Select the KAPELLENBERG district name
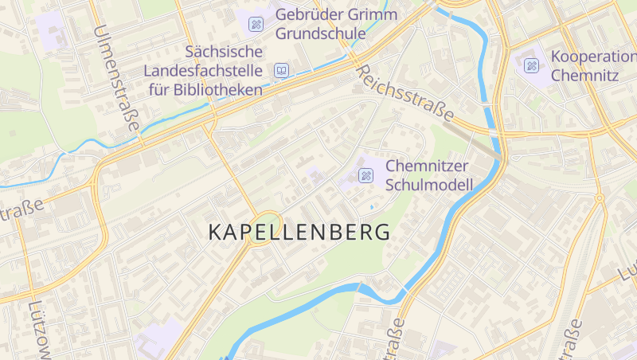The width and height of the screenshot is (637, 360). [299, 233]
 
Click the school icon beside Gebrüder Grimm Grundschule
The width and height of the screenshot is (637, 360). [256, 24]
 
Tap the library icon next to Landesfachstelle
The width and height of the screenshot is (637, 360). [280, 71]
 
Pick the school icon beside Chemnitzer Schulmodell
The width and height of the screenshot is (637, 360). [366, 175]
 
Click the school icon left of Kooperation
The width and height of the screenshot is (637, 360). [531, 65]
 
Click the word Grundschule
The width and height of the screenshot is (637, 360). [321, 34]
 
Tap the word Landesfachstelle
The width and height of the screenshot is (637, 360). [204, 71]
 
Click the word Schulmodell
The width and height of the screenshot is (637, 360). [429, 186]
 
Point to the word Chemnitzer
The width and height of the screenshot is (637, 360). [428, 166]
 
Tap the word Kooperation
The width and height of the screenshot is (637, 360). [593, 57]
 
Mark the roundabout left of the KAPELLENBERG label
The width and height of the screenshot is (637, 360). [267, 228]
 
